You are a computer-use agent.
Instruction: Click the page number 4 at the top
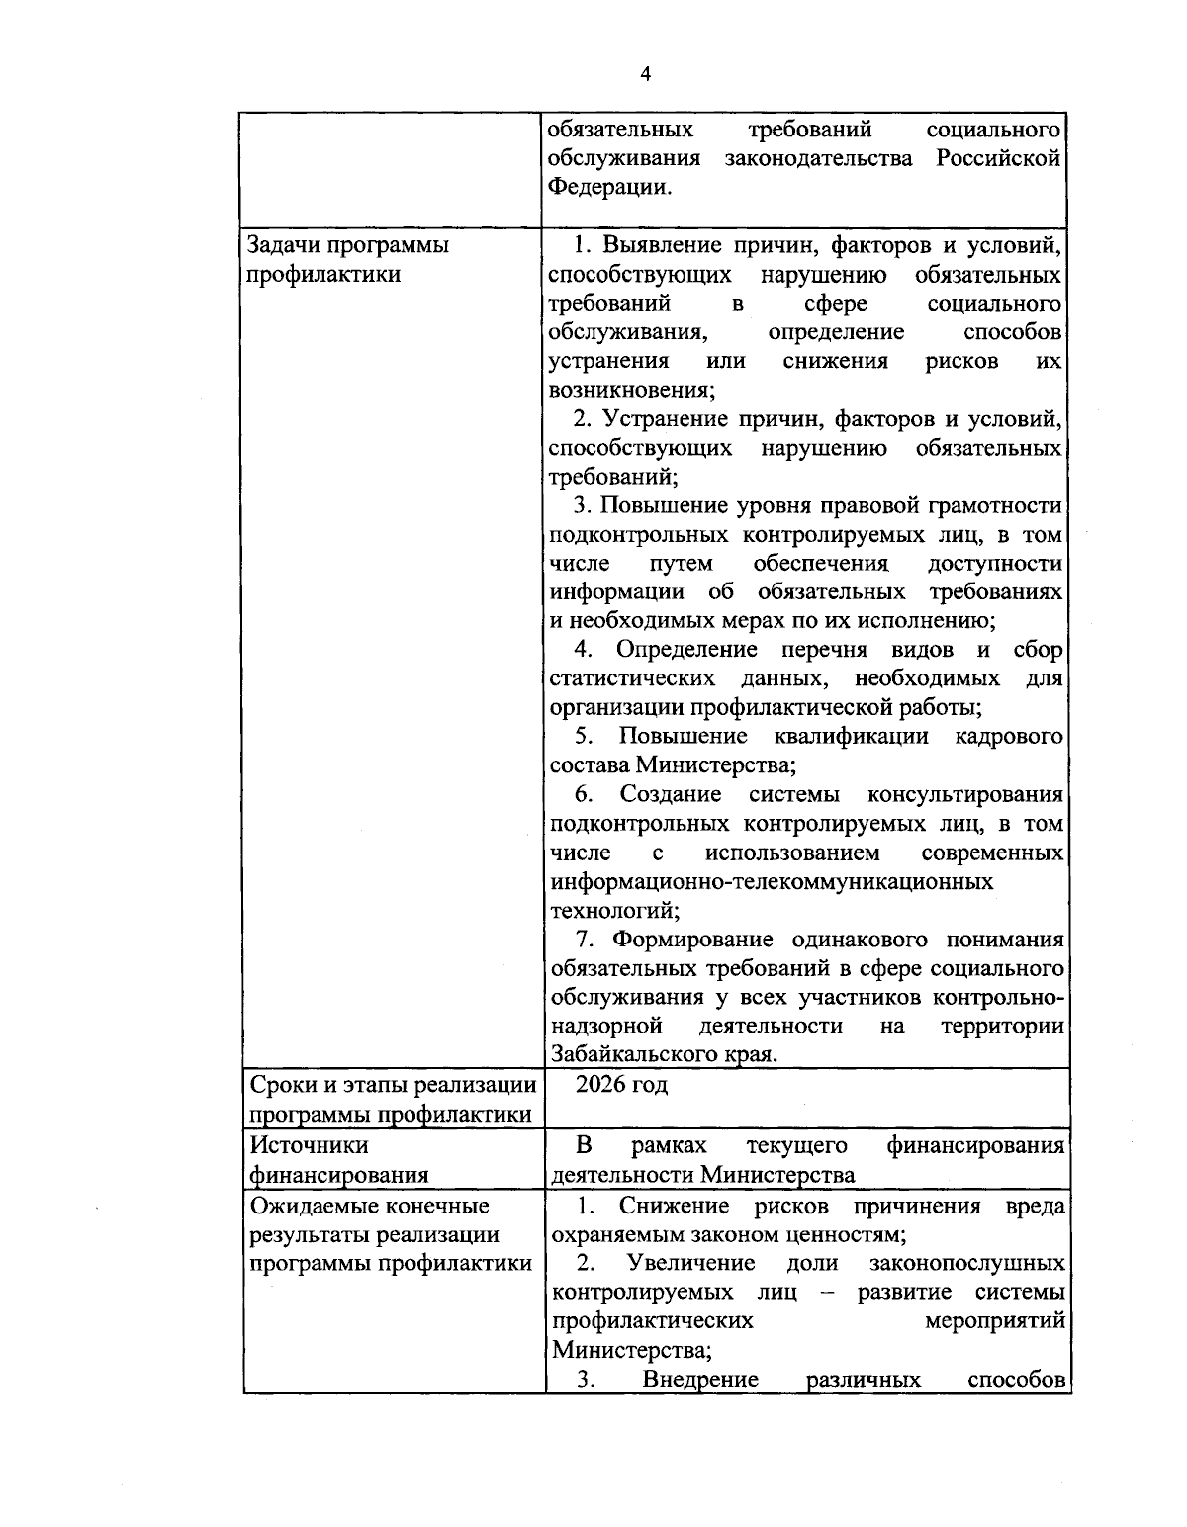point(646,74)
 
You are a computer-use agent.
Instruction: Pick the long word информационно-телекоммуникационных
point(772,881)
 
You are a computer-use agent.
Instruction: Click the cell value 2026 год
point(621,1085)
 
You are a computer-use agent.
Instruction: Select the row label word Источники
point(309,1145)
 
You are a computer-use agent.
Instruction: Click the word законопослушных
point(966,1264)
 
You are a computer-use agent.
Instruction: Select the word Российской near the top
point(999,158)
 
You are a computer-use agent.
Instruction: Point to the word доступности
point(995,564)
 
